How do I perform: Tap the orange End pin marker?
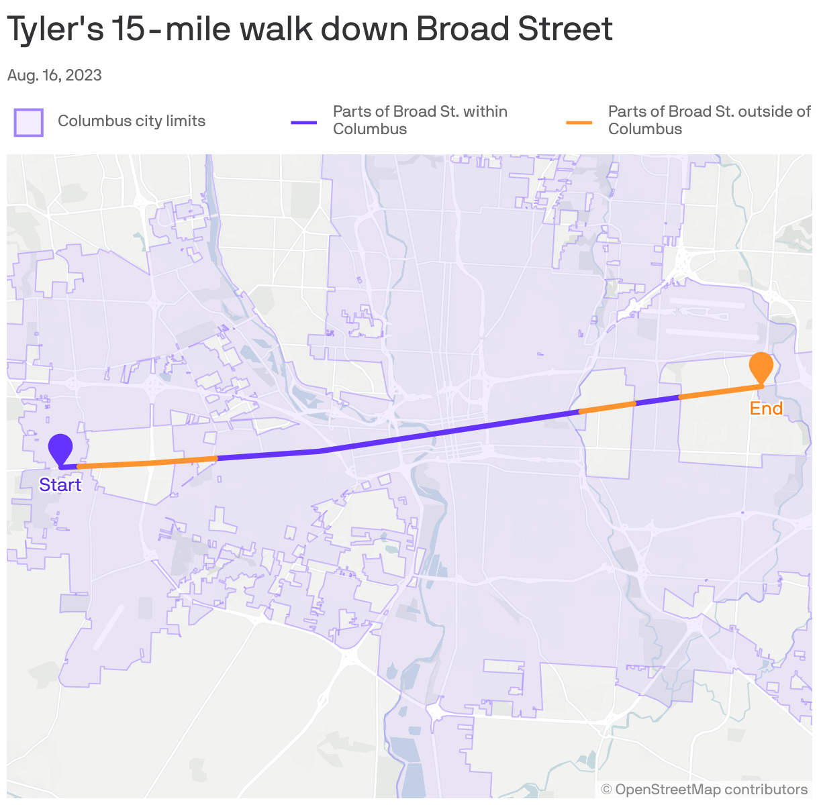761,366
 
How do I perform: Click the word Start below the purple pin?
60,485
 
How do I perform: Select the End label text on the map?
766,409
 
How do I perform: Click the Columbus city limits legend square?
29,122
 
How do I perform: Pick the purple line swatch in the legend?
303,122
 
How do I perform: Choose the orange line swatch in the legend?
579,122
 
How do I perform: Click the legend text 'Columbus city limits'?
132,121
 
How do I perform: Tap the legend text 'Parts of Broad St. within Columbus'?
420,120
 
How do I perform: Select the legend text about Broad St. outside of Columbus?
709,120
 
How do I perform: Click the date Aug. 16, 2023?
54,75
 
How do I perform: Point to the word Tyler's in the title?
55,30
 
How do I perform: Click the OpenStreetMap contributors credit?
704,790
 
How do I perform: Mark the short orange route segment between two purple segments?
607,407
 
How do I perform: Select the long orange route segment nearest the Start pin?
148,462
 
